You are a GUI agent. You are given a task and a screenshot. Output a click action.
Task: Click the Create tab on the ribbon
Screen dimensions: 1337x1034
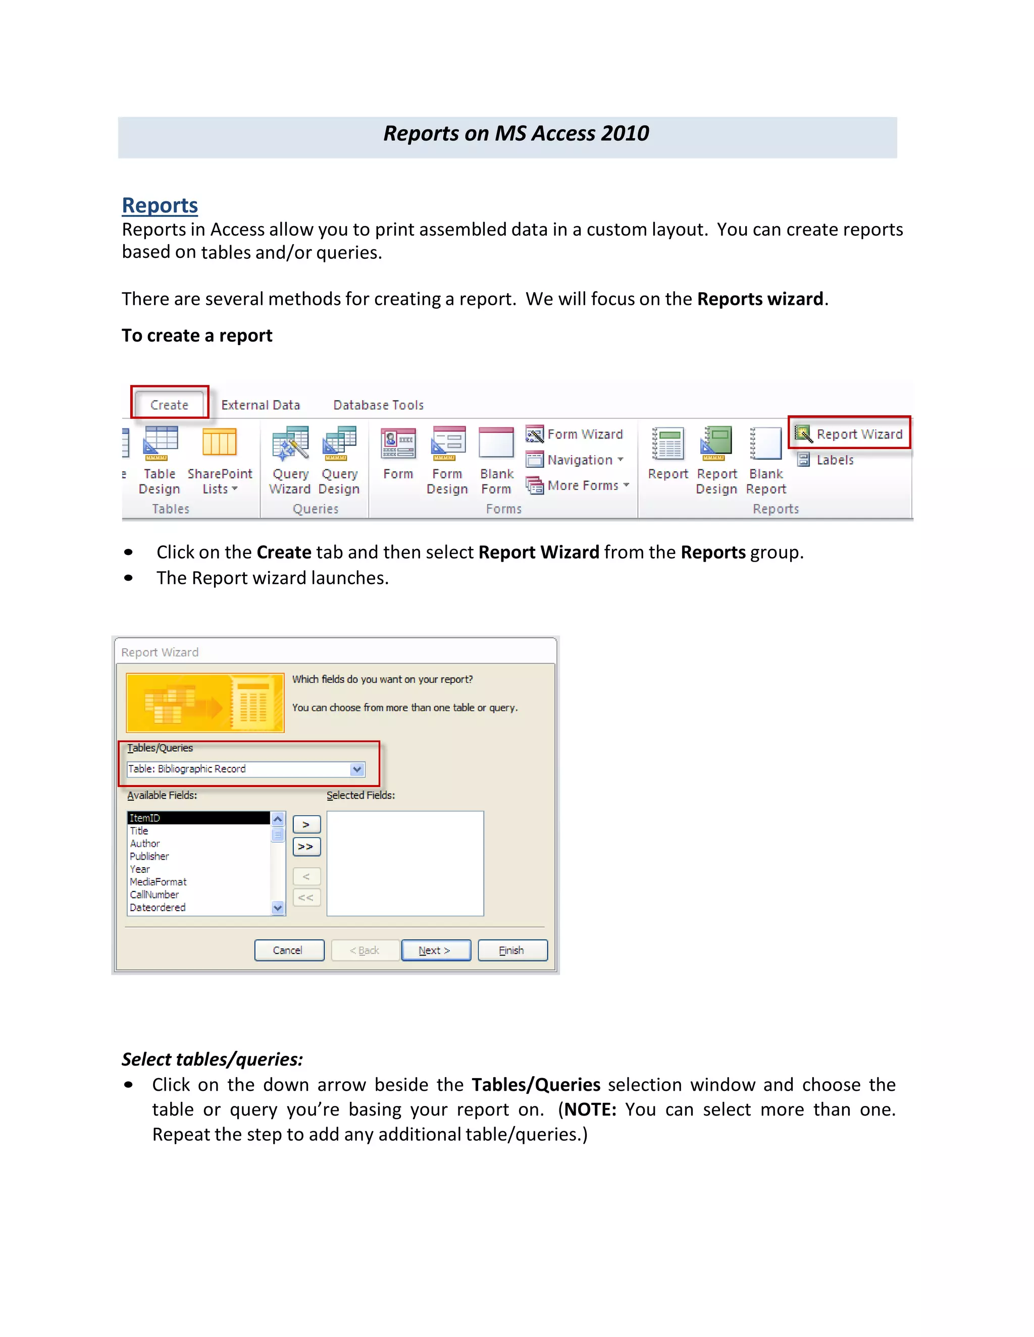coord(169,405)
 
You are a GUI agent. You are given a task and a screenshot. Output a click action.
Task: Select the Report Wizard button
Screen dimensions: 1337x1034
coord(850,434)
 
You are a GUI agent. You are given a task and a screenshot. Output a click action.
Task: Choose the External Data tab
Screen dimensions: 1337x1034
coord(261,405)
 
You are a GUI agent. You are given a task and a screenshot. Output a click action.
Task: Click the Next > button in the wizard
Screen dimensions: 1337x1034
coord(436,950)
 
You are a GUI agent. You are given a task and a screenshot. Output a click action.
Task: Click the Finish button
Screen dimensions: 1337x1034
coord(512,950)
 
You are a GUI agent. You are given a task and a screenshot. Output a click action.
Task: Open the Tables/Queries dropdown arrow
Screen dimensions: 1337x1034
coord(357,769)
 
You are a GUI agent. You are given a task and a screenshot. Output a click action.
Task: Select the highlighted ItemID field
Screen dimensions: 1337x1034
coord(198,818)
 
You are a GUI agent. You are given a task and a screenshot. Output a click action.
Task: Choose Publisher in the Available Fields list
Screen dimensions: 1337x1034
coord(149,856)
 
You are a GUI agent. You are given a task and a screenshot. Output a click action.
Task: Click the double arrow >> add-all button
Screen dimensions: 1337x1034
coord(306,847)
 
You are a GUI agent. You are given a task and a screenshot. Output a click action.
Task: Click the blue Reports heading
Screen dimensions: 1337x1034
coord(160,205)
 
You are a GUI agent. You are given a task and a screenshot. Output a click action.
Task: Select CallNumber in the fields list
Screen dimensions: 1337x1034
coord(154,895)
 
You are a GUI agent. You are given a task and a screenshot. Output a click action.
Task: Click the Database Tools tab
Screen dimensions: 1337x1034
coord(378,405)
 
